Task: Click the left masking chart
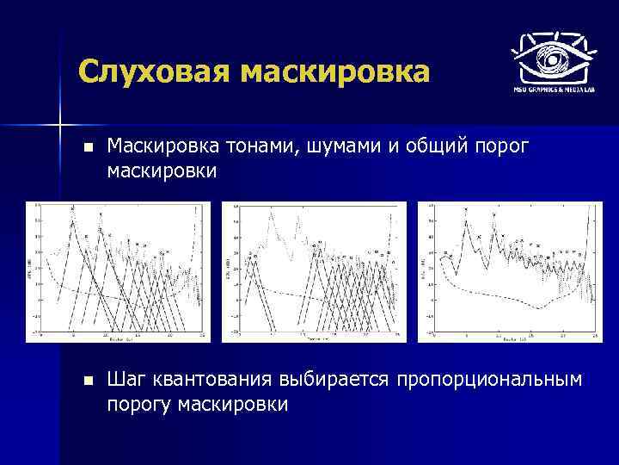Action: click(119, 271)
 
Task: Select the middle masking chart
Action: click(314, 271)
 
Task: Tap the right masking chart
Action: click(509, 271)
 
